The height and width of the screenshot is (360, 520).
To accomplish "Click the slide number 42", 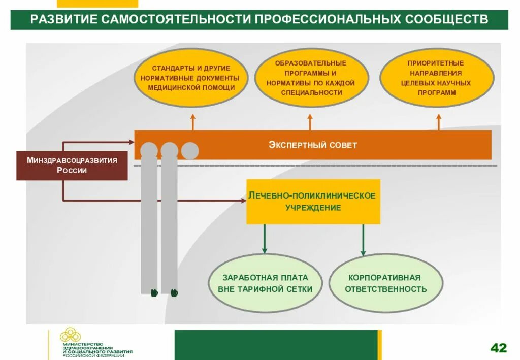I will click(498, 348).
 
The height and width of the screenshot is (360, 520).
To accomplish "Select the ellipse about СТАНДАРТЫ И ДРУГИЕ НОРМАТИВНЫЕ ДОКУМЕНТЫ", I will click(191, 78).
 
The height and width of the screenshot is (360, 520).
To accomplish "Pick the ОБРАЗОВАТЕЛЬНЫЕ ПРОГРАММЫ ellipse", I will click(311, 78).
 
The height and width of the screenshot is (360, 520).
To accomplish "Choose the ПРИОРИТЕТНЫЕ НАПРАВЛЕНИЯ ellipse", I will click(437, 78).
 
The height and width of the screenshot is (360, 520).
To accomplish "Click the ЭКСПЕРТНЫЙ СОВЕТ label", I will click(313, 145).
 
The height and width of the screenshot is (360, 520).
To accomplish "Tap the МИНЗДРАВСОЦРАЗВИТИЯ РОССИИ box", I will click(72, 166).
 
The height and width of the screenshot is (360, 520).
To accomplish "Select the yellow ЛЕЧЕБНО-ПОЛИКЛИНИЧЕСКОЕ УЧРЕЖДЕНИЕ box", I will click(313, 202).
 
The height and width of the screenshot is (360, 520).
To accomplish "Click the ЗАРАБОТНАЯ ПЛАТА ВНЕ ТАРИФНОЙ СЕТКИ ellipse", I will click(265, 283).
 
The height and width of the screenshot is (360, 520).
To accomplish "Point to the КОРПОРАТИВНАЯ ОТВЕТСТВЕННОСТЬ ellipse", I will click(386, 283).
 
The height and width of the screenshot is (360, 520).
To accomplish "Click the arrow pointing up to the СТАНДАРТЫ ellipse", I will click(192, 122).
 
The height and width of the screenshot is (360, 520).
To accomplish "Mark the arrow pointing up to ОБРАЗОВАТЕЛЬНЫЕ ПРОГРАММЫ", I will click(310, 122).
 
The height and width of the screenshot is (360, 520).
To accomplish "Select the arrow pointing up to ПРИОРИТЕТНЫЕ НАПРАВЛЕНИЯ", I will click(439, 122).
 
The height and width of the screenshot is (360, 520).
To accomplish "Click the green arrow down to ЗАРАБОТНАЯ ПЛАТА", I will click(264, 239).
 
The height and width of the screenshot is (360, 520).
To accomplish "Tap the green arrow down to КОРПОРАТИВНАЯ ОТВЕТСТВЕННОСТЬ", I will click(363, 239).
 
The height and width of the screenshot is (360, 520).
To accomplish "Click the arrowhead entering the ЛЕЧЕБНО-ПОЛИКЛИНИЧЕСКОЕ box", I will click(243, 201).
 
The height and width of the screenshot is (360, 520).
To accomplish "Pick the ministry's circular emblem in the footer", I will click(69, 335).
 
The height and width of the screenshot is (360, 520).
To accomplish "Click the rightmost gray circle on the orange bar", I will click(190, 151).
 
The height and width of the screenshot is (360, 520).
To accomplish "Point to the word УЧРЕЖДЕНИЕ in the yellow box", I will click(313, 208).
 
